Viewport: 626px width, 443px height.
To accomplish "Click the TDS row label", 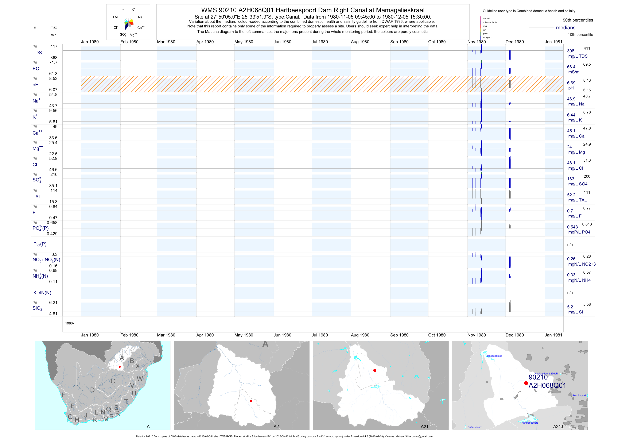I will pos(37,53).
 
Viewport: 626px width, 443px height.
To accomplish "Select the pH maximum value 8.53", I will pos(53,78).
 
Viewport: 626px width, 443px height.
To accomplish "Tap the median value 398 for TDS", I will pos(570,51).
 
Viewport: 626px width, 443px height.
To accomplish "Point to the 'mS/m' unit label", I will pos(574,72).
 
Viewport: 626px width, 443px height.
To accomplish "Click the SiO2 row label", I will pos(37,308).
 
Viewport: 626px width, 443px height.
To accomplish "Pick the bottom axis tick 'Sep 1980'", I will pos(399,335).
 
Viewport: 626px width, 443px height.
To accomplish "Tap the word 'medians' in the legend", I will pos(565,28).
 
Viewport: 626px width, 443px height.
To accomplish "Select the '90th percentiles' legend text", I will pos(578,20).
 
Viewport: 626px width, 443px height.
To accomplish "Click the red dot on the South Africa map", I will pos(120,367).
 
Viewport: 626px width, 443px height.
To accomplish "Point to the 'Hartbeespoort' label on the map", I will pos(529,423).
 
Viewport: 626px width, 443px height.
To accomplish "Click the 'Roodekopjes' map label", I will pos(494,356).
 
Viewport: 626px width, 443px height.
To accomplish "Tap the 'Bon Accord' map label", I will pos(579,396).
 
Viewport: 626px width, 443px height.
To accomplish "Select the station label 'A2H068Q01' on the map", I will pos(547,385).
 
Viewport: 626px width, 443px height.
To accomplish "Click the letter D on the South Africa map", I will pos(92,390).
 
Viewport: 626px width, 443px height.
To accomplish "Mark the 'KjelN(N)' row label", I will pos(42,293).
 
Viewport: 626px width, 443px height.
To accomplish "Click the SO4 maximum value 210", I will pos(54,175).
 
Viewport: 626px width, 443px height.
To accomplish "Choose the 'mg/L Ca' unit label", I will pos(576,136).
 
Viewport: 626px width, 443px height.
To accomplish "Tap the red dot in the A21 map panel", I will pos(375,370).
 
